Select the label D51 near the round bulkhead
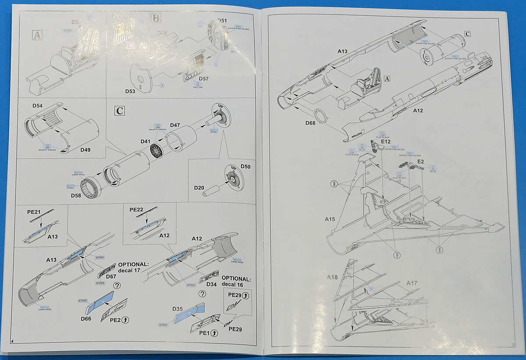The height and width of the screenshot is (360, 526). tap(222, 21)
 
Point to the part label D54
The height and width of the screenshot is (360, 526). tap(38, 106)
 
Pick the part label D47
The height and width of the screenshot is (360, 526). tap(175, 125)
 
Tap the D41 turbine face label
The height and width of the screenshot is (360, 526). tap(146, 141)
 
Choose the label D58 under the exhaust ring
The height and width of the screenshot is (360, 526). tap(77, 195)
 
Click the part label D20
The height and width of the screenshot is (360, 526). tap(199, 188)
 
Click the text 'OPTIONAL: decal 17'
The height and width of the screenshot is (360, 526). tap(133, 267)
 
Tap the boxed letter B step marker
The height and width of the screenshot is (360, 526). tap(156, 18)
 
